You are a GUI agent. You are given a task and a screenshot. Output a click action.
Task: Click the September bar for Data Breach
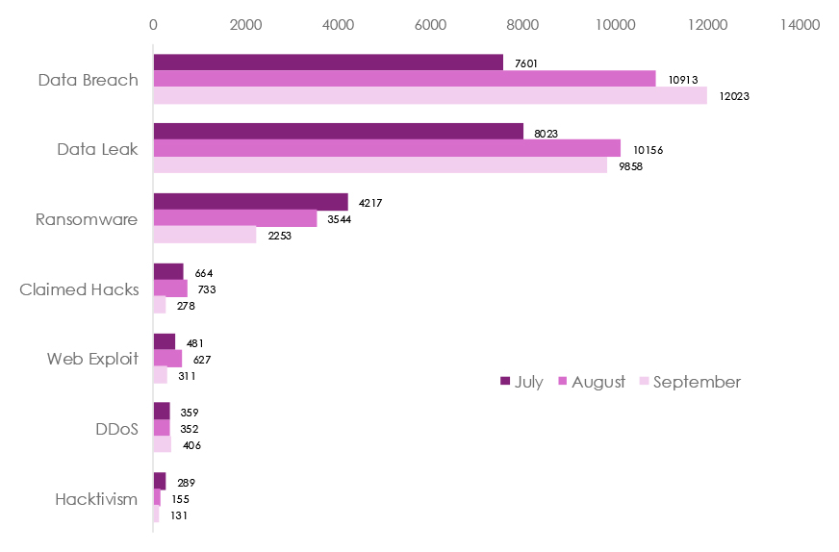click(430, 95)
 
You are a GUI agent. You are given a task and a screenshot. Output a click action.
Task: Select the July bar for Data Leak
click(338, 132)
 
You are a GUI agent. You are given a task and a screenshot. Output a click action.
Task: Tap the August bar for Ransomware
click(235, 218)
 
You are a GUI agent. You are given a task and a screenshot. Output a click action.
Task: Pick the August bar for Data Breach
click(404, 79)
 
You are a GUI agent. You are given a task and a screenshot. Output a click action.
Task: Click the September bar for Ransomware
click(205, 235)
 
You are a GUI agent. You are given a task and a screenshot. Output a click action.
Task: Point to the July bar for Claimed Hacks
click(168, 271)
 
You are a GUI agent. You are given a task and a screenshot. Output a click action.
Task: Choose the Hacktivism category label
click(96, 499)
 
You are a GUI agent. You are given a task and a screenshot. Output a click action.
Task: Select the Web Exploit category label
click(92, 359)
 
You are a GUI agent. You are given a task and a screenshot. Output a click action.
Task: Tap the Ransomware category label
click(87, 219)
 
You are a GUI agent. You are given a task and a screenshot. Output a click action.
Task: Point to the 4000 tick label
click(339, 24)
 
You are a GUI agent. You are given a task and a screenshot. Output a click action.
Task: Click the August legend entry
click(591, 382)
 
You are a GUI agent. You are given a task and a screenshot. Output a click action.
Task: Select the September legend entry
click(690, 382)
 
